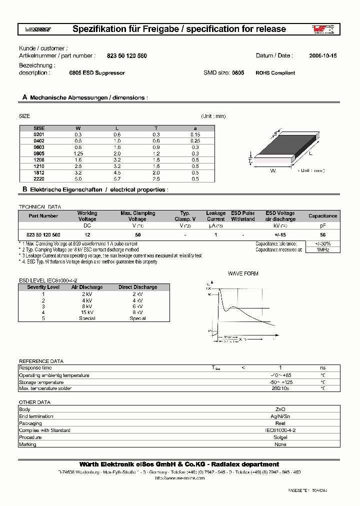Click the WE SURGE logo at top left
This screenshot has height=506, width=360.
37,29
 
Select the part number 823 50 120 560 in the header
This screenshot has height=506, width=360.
127,56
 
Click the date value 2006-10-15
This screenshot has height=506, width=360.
322,56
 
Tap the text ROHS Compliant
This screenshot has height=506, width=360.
275,73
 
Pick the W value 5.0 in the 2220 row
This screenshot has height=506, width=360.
78,178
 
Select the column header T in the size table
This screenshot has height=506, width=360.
156,128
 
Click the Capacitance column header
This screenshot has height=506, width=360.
322,216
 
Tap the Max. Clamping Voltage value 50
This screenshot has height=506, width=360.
137,234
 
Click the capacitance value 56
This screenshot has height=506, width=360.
322,234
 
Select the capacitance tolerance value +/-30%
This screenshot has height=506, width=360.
322,243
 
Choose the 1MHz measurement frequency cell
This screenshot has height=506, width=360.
322,249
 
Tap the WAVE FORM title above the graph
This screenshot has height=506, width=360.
243,274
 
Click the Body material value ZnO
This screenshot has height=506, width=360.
280,409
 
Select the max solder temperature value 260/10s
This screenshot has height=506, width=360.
280,388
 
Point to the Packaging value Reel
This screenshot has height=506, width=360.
280,423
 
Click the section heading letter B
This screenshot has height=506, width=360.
24,190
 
